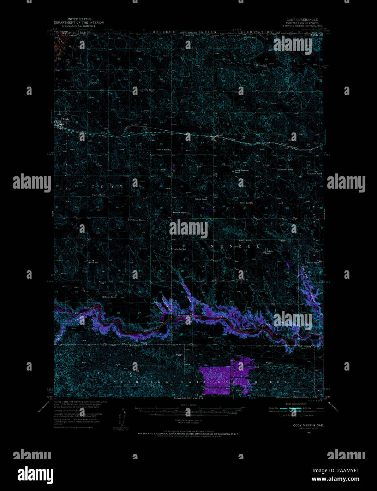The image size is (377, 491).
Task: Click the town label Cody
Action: (x=66, y=119)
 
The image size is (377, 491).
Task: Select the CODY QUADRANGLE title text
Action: (x=302, y=20)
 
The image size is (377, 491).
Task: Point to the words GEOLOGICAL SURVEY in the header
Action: (x=79, y=26)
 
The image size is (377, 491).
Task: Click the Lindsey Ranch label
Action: (x=148, y=90)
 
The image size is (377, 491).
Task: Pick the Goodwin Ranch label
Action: (x=163, y=149)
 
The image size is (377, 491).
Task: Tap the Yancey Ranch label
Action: (x=99, y=195)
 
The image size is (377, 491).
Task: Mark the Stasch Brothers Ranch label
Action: (x=242, y=171)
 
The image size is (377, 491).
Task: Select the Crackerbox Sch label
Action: (x=179, y=249)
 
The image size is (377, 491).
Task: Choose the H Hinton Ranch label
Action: (x=109, y=297)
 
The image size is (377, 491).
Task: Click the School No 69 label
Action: (x=242, y=280)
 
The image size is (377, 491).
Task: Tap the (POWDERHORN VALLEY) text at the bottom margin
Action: (x=188, y=398)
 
